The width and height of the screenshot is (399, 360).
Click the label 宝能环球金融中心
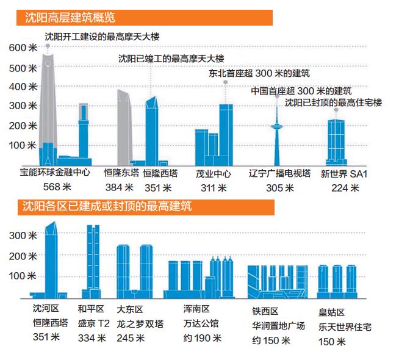click(55, 173)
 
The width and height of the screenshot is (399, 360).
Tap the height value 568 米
click(55, 187)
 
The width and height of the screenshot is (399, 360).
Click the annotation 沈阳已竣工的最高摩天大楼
click(171, 59)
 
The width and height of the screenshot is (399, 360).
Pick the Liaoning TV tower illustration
click(277, 140)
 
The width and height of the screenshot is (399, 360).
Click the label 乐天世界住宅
click(345, 326)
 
